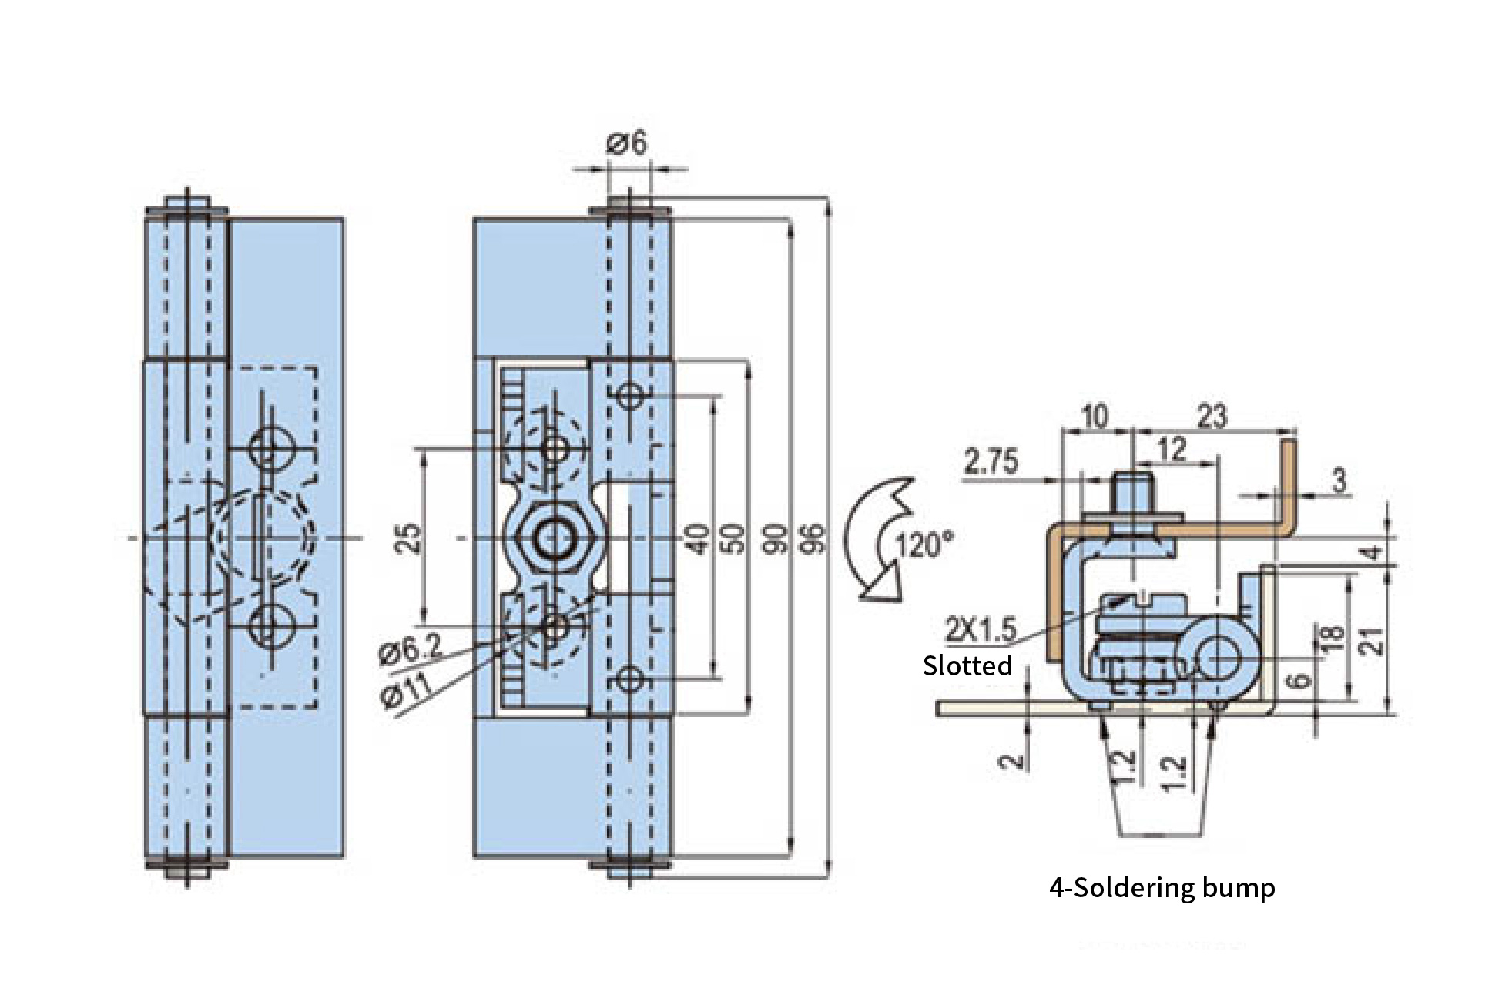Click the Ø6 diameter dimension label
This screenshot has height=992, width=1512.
(626, 143)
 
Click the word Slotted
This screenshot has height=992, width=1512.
(967, 665)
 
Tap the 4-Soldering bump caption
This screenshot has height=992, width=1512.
(1162, 888)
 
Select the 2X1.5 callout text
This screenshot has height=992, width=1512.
(981, 631)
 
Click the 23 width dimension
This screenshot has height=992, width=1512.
(1212, 417)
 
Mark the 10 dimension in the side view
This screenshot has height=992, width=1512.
(1094, 417)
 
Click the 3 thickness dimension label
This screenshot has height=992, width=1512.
(1339, 481)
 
